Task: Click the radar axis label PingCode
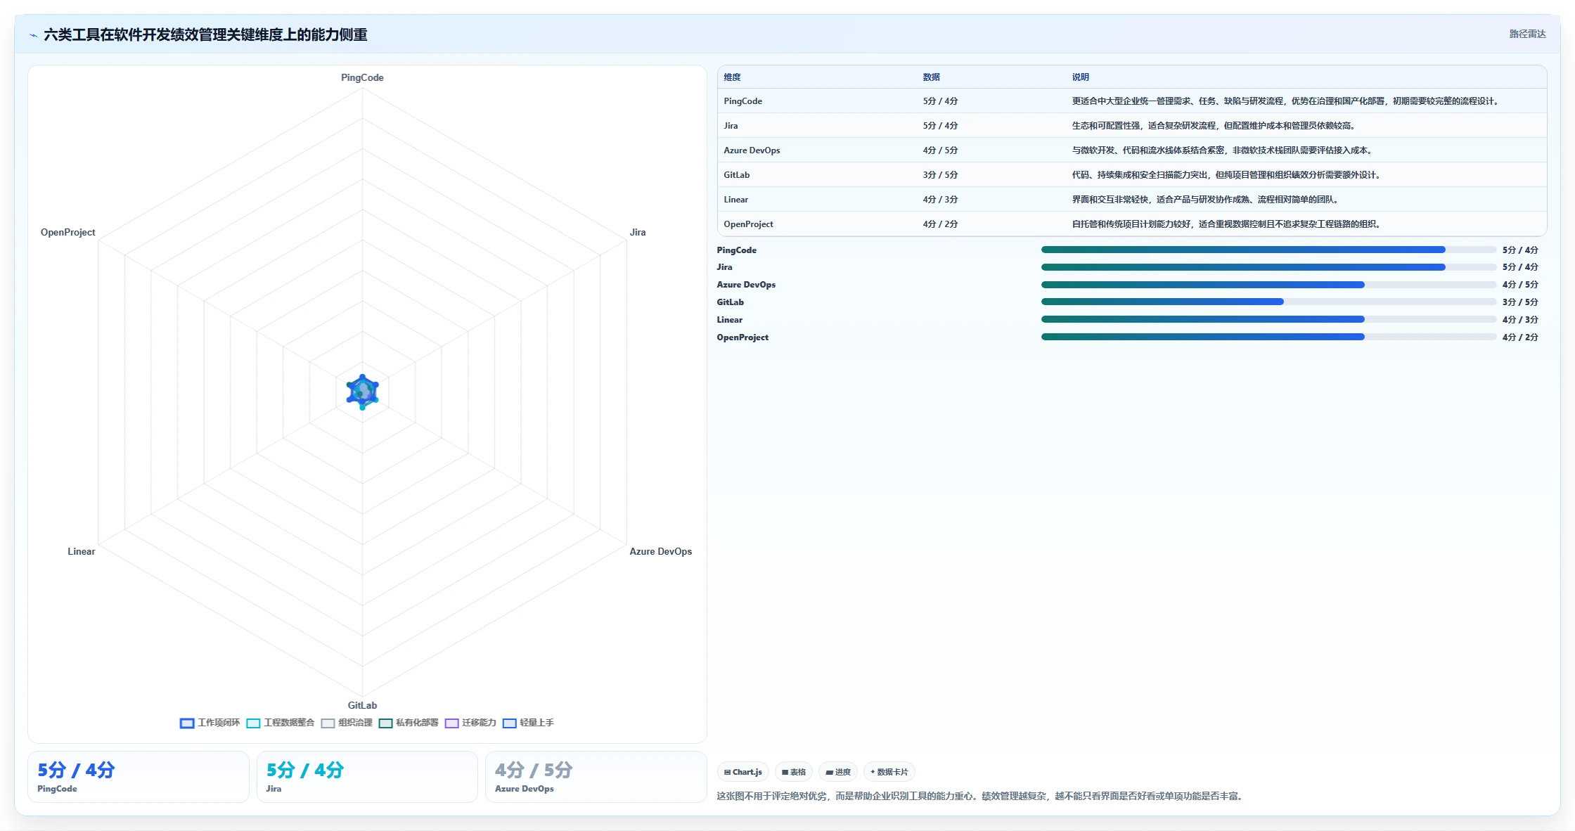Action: pos(362,77)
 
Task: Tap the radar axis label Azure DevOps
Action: pos(660,551)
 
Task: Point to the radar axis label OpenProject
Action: pos(67,232)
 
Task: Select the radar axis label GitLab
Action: pos(362,705)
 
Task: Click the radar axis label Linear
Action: pos(81,551)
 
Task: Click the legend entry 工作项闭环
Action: pos(210,723)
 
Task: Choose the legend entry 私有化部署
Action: pos(409,723)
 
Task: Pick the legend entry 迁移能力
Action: pos(470,723)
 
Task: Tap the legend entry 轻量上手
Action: pos(528,723)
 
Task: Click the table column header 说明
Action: pos(1080,77)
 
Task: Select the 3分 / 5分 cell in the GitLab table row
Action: pos(940,175)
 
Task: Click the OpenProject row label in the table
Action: pos(748,224)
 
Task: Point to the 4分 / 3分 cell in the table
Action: pos(940,200)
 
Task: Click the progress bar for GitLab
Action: pos(1268,302)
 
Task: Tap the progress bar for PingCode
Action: pos(1268,250)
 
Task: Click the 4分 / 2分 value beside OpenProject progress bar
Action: pos(1520,337)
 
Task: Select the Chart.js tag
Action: pos(743,772)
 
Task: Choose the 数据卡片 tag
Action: pos(889,772)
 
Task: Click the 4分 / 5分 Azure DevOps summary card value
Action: pos(534,770)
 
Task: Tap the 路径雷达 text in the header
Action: pos(1527,34)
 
